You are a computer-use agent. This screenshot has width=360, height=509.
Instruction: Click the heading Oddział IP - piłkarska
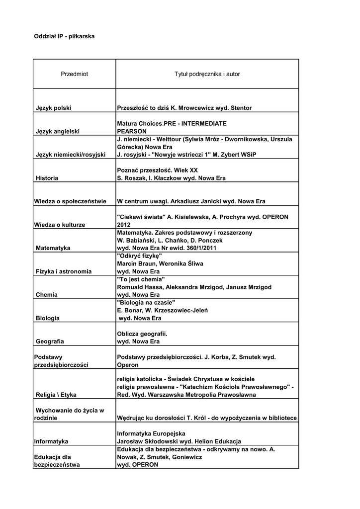click(x=64, y=37)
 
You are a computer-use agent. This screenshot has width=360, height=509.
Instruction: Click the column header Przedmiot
click(x=74, y=74)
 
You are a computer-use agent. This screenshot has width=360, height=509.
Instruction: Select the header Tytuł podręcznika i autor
click(x=207, y=74)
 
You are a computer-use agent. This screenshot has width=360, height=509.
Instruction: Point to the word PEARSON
click(x=132, y=131)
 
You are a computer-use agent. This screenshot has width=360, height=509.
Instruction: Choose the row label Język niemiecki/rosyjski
click(x=70, y=155)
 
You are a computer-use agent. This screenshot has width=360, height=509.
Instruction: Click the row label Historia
click(x=47, y=177)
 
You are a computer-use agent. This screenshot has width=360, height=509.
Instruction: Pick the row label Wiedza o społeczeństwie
click(x=70, y=201)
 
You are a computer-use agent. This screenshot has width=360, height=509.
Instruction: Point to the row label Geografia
click(x=50, y=341)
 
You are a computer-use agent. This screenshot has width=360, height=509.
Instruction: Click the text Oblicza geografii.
click(x=142, y=335)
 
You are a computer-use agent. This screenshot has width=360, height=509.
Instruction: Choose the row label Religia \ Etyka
click(x=56, y=395)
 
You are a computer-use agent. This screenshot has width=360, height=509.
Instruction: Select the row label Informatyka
click(x=51, y=441)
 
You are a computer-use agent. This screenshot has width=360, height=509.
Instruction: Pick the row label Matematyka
click(x=53, y=248)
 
